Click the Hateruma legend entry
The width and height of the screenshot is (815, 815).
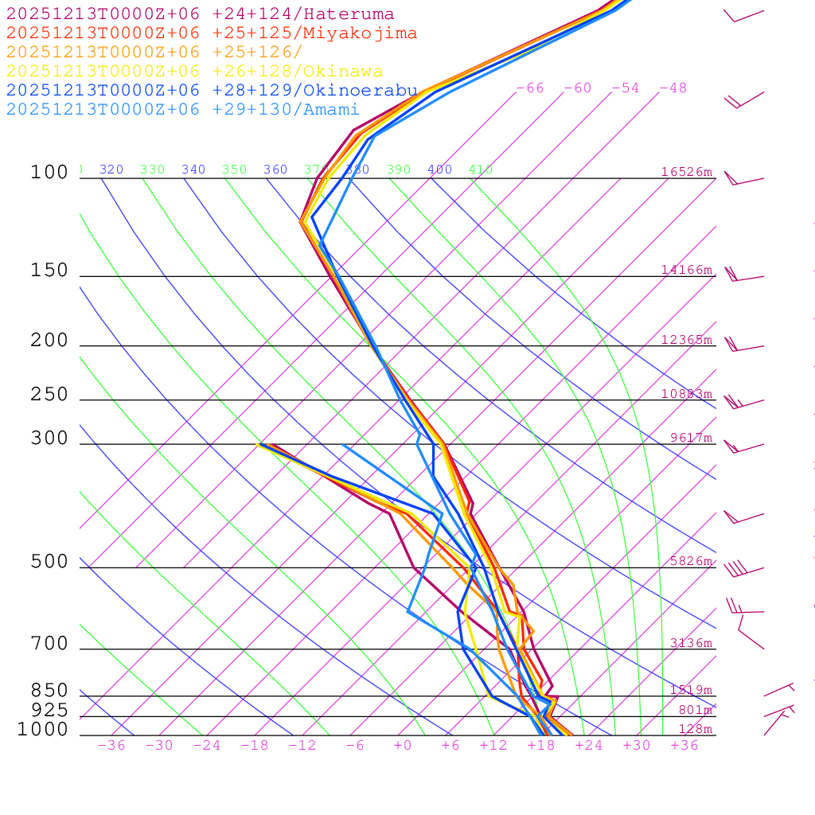[x=200, y=14]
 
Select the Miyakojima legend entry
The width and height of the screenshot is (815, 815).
[x=212, y=33]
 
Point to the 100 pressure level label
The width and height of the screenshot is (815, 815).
[x=49, y=173]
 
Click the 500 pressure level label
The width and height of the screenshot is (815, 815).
[x=49, y=563]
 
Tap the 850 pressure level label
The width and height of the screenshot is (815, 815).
[x=49, y=691]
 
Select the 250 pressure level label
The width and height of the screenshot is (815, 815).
[x=49, y=395]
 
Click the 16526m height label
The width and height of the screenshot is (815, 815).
[x=687, y=172]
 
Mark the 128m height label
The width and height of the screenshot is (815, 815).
[x=695, y=729]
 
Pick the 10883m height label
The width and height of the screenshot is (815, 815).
[x=687, y=394]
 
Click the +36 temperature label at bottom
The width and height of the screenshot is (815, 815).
[x=684, y=746]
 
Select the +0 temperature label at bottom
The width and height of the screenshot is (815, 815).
[x=403, y=746]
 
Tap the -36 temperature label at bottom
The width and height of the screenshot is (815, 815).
[x=111, y=746]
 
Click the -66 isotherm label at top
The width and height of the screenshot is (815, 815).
[x=529, y=88]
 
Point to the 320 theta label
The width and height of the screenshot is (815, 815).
[x=111, y=170]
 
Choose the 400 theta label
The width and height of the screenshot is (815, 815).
[x=439, y=170]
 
